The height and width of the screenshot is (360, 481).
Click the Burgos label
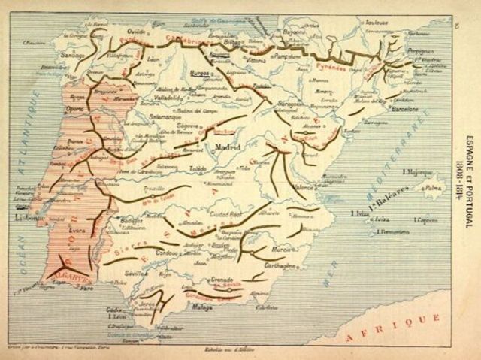pos(203,75)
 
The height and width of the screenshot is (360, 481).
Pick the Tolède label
pos(197,170)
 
